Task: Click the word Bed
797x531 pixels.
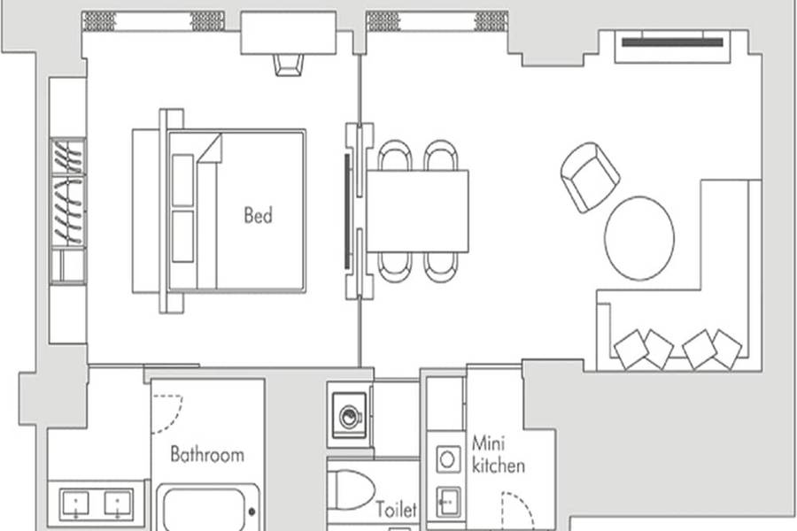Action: tap(259, 215)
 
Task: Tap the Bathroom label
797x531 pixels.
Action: tap(207, 454)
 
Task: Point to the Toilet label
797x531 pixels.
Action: tap(396, 509)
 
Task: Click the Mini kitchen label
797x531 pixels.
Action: tap(498, 454)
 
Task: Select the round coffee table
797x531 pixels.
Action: tap(639, 238)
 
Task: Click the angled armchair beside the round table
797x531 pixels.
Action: tap(590, 177)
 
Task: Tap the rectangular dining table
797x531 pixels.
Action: tap(417, 212)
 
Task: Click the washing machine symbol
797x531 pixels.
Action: tap(349, 416)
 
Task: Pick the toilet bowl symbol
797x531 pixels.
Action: tap(351, 489)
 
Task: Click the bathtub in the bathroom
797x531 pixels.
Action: tap(208, 509)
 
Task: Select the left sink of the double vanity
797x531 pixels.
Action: tap(74, 504)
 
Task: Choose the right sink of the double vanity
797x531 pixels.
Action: tap(119, 504)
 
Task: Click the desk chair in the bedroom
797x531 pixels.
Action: tap(289, 65)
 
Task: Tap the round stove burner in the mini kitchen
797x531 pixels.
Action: tap(447, 459)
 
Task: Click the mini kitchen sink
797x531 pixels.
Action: tap(448, 502)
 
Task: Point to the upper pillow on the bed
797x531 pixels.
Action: tap(183, 180)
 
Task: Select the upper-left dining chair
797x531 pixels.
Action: tap(395, 155)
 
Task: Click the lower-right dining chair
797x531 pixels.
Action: tap(441, 267)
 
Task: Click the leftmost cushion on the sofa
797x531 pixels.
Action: tap(631, 349)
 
